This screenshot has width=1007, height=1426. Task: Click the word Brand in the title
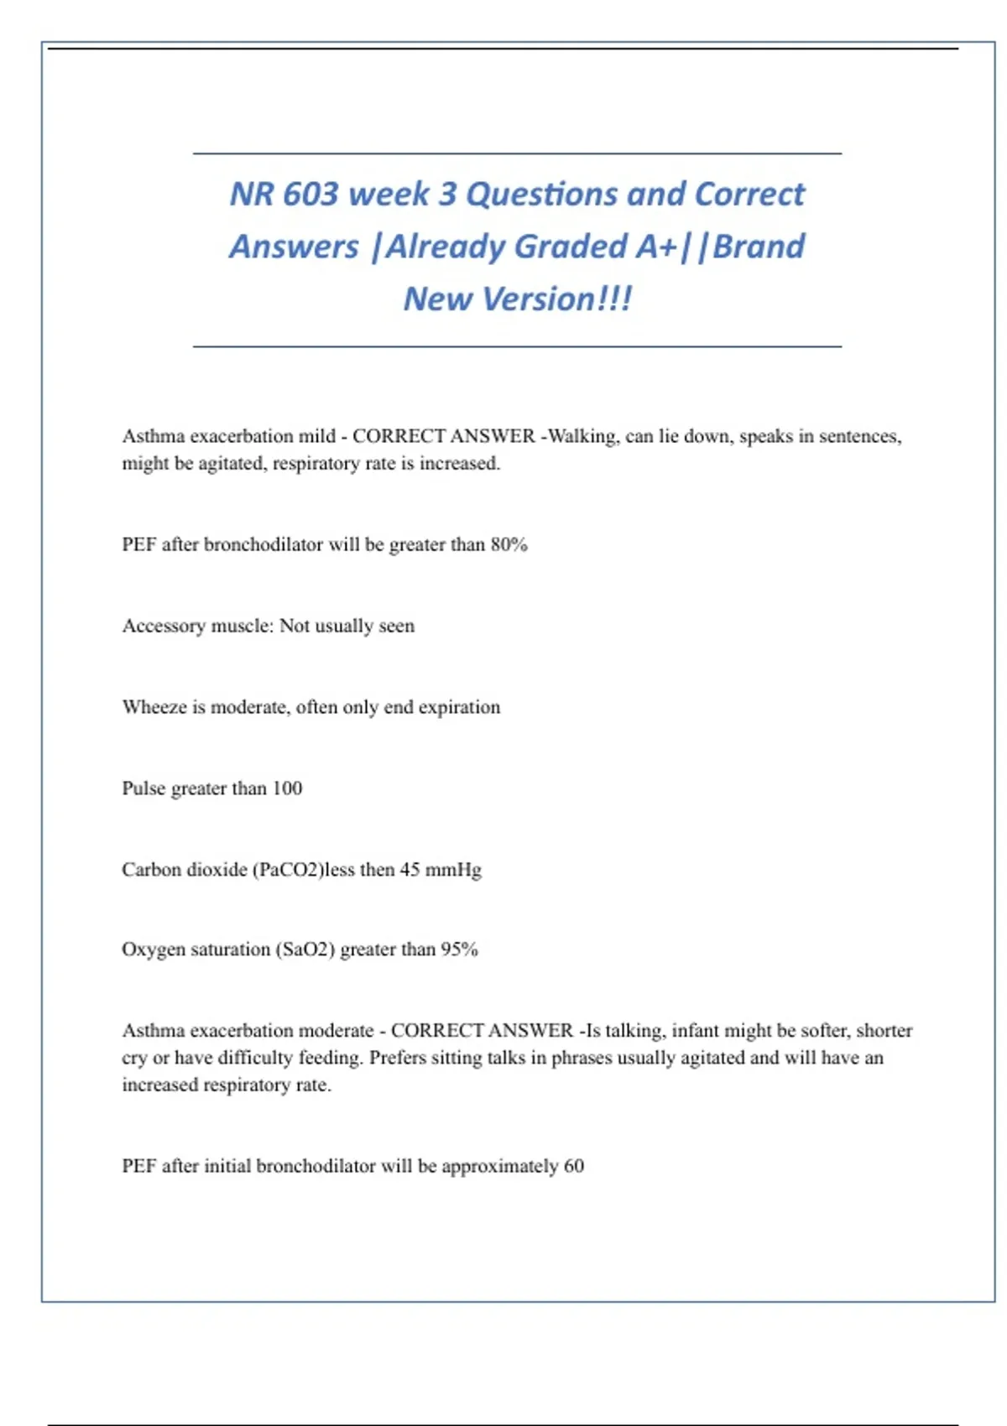point(759,247)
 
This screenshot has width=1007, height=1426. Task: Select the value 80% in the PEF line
point(509,544)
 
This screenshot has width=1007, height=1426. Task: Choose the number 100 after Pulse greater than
point(287,788)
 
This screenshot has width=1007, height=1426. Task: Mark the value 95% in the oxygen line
point(460,950)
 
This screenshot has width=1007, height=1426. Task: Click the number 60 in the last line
point(574,1166)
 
